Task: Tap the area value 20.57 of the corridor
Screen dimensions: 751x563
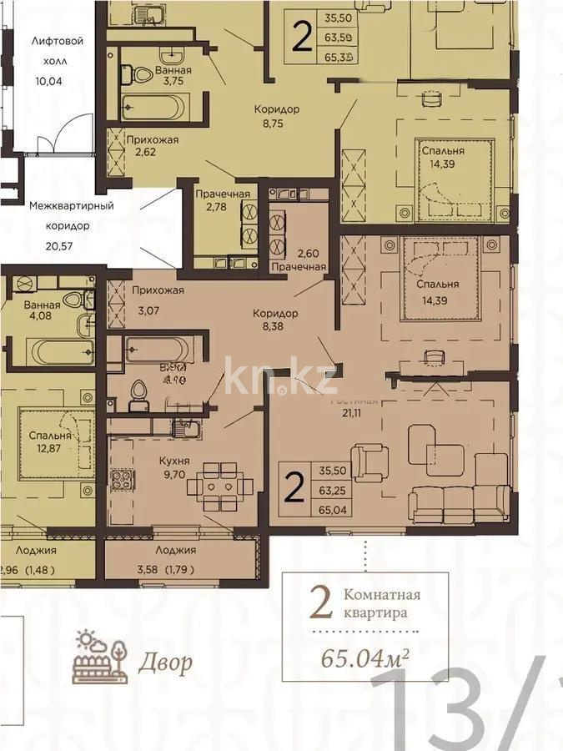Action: tap(58, 245)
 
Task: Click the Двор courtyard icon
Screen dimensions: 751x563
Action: tap(99, 658)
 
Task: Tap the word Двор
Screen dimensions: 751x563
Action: tap(164, 663)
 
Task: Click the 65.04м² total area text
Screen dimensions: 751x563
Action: tap(365, 657)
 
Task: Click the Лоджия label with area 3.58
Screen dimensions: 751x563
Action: tap(175, 550)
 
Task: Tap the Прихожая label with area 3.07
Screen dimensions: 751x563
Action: tap(158, 290)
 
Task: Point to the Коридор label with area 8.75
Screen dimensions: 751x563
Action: tap(277, 108)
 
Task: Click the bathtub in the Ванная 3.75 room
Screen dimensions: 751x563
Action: tap(156, 107)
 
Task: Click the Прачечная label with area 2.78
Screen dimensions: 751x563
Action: tap(223, 194)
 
